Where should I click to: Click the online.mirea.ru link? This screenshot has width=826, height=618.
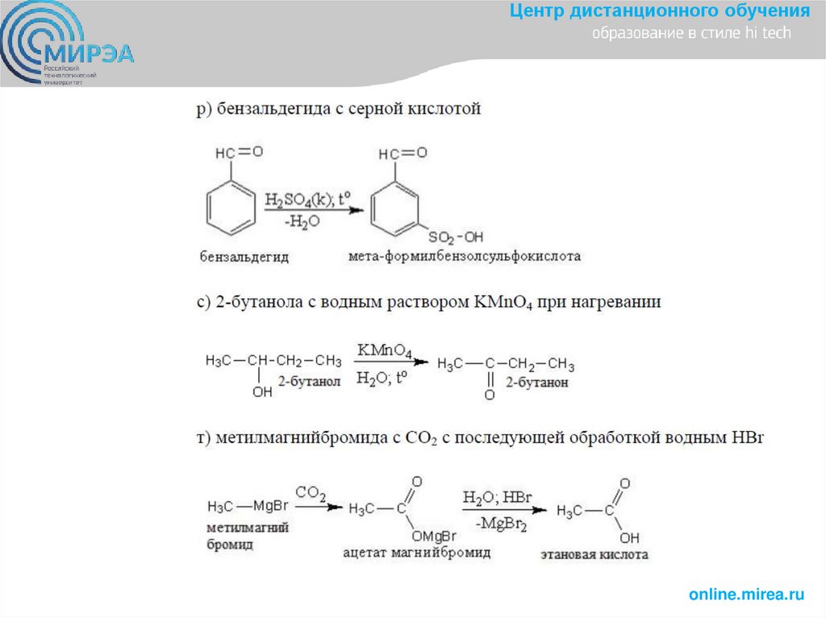[x=747, y=595]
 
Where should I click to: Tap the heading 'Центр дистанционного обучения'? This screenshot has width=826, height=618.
[x=660, y=11]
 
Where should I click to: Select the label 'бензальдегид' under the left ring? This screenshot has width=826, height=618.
[x=244, y=257]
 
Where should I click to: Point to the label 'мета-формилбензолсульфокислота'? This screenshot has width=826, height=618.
[x=465, y=256]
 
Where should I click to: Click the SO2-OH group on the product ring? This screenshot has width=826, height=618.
[x=456, y=237]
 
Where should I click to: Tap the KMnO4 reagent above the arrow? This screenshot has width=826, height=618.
[x=386, y=351]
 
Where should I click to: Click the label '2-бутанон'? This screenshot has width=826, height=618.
[x=537, y=383]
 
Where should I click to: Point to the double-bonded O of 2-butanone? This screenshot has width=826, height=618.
[x=490, y=396]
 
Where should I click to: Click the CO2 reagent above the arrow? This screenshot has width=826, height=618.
[x=311, y=491]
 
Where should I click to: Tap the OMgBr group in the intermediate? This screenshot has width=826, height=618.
[x=434, y=536]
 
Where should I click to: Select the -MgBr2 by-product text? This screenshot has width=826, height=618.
[x=502, y=525]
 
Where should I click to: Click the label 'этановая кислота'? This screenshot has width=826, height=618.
[x=594, y=555]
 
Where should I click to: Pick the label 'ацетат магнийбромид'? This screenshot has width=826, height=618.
[x=416, y=554]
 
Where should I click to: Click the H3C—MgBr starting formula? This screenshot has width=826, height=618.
[x=248, y=507]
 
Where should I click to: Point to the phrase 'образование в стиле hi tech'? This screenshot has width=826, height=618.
[x=692, y=34]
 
